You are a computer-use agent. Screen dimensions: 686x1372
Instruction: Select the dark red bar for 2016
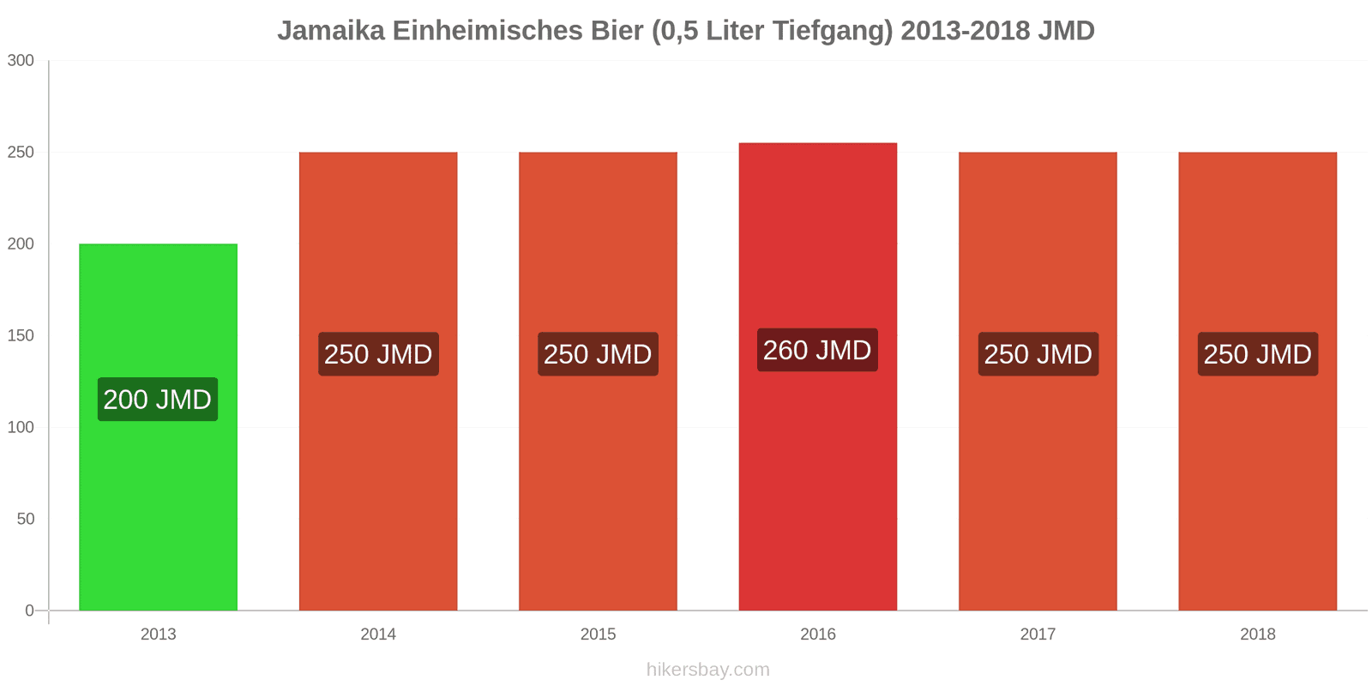[817, 497]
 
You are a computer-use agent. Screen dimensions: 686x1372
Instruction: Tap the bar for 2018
[1257, 497]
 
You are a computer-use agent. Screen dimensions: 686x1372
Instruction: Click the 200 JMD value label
[158, 400]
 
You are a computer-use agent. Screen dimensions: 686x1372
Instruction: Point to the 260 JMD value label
[817, 350]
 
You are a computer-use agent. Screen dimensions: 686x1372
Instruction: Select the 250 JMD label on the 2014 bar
[378, 354]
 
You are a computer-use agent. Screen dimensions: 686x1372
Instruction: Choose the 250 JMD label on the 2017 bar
[1038, 354]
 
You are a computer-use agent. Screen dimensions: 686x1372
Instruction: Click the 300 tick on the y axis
[21, 61]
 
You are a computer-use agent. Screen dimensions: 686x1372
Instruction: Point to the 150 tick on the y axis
[21, 336]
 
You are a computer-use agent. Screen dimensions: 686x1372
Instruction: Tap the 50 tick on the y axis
[25, 520]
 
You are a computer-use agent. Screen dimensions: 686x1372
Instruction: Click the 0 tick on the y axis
[29, 611]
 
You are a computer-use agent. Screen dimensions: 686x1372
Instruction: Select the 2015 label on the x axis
[598, 635]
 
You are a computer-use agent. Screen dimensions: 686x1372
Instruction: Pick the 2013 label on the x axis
[158, 635]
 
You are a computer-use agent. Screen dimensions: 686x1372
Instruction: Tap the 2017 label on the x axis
[1038, 635]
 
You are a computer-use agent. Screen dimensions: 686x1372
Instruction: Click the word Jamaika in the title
[331, 31]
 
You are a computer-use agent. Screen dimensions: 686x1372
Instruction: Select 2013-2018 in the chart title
[965, 31]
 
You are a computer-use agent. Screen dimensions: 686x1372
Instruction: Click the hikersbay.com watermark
[708, 670]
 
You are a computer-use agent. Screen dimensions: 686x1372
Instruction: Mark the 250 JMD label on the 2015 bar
[598, 354]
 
